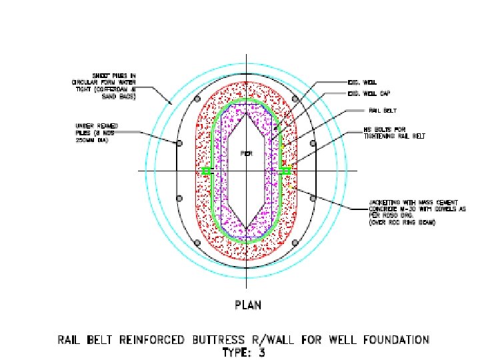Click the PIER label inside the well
(245, 153)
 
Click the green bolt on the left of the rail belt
(206, 171)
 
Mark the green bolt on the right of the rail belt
(286, 171)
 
